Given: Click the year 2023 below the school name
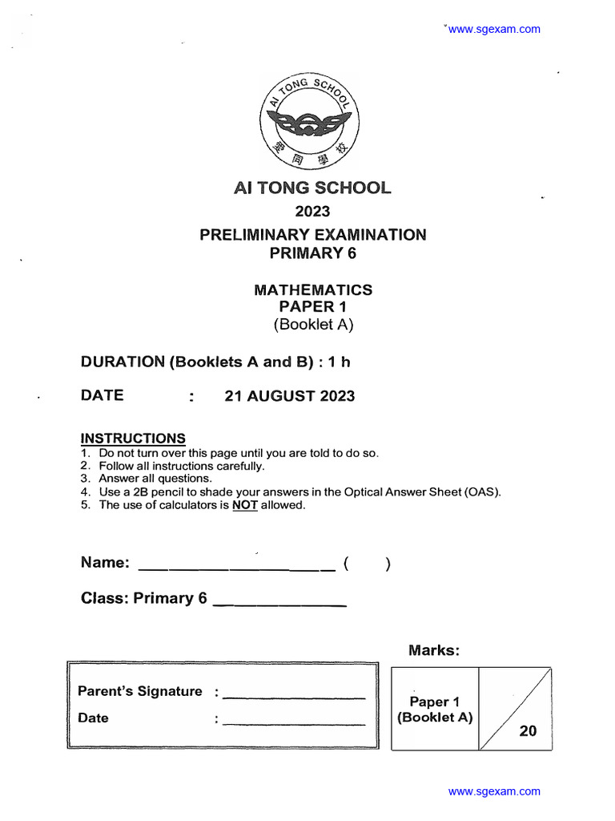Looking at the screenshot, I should [x=312, y=212].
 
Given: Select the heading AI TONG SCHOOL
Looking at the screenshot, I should [x=312, y=188].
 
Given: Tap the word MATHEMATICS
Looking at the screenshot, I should [x=312, y=289].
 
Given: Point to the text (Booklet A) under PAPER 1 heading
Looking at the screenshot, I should [x=312, y=325].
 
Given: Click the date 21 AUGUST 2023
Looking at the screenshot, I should [x=289, y=396].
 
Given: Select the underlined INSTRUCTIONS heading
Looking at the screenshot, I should [x=133, y=439].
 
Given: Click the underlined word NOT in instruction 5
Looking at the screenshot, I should [x=245, y=505].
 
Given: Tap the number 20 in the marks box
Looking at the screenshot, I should [x=528, y=730].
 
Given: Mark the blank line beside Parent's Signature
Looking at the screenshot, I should [x=294, y=698].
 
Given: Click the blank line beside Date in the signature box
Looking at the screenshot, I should [x=294, y=724].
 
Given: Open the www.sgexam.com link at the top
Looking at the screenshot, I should [x=494, y=30].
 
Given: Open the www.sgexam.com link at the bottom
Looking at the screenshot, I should [x=494, y=791].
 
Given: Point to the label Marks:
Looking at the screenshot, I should [x=434, y=650].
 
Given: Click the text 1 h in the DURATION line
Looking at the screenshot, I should [x=340, y=362].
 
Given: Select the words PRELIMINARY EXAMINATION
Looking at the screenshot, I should [x=312, y=235].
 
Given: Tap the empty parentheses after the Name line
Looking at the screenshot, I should [x=367, y=564].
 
